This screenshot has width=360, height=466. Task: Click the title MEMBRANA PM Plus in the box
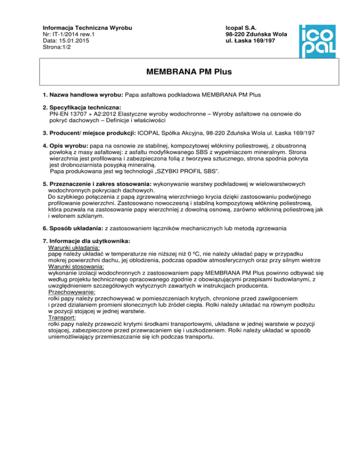coord(189,73)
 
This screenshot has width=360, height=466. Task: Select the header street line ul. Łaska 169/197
coord(253,40)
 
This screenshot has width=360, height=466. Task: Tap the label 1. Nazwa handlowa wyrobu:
coord(85,95)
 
